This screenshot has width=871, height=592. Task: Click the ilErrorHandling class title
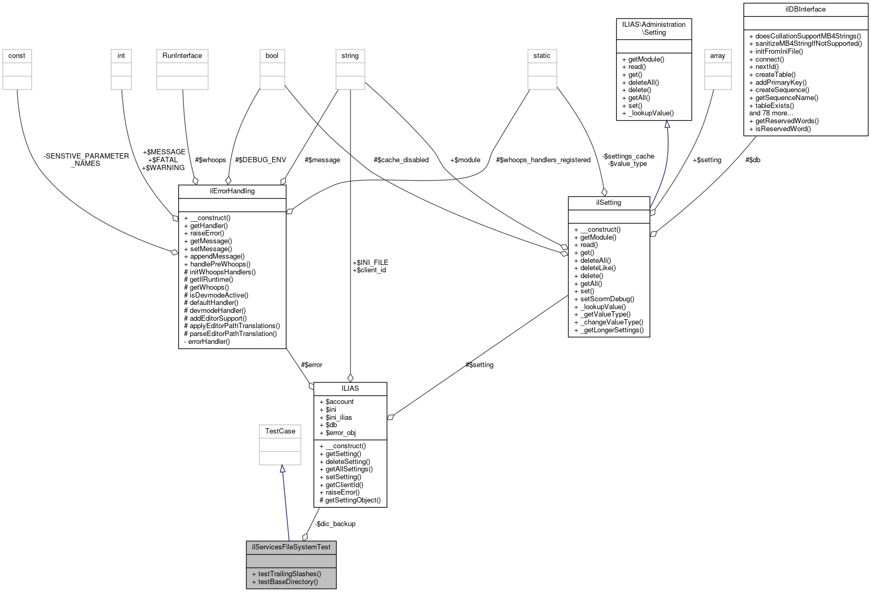232,191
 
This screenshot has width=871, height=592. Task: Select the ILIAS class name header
350,389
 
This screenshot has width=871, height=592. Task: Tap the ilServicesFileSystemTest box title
291,547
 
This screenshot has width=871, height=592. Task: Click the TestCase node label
280,431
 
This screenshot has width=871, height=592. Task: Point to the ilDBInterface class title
805,9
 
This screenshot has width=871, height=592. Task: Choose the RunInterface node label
182,56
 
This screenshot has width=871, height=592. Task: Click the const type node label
17,56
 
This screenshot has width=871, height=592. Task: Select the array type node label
718,56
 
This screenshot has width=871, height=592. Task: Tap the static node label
541,56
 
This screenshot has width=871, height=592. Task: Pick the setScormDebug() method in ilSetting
607,299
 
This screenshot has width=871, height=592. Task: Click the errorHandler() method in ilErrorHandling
209,342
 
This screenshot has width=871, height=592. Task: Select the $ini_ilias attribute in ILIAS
338,418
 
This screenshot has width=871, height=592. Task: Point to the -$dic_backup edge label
335,524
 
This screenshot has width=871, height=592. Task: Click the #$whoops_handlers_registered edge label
543,160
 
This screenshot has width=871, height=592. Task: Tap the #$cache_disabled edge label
401,160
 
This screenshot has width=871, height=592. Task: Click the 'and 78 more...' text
771,113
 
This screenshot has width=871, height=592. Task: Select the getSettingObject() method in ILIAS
352,500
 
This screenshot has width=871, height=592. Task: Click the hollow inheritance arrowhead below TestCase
283,469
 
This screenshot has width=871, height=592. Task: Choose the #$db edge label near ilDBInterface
752,160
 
